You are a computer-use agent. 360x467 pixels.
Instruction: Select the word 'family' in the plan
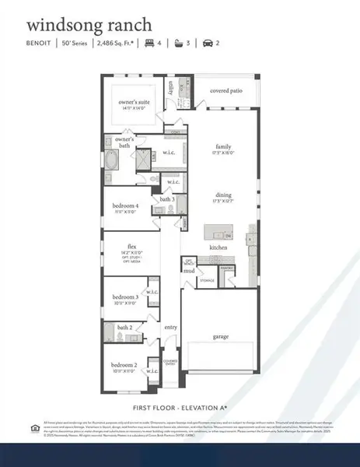coord(225,146)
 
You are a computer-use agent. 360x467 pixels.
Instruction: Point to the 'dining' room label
coord(224,196)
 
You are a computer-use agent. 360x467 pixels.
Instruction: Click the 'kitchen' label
coord(218,248)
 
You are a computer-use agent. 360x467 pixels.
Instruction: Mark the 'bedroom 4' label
coord(124,205)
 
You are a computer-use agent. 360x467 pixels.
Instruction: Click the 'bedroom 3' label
coord(124,297)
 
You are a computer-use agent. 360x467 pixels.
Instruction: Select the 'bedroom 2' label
coord(124,364)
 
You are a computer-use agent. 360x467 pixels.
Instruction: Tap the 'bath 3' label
coord(166,199)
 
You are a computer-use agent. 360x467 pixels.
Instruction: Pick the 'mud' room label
coord(188,271)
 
